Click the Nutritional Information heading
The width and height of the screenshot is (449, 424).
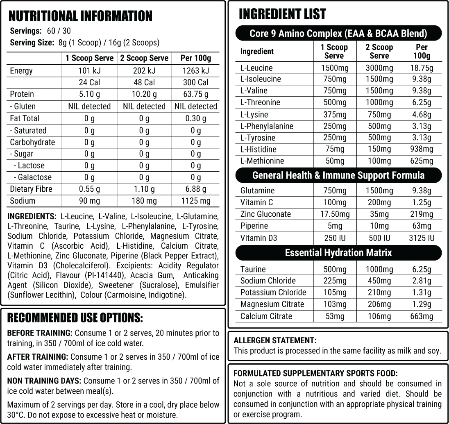(x=80, y=16)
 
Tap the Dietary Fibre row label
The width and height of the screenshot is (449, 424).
(x=31, y=189)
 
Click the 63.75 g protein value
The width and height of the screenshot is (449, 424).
(x=195, y=94)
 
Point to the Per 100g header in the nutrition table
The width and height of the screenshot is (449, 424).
(x=195, y=58)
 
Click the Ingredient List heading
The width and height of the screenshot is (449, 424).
(x=282, y=14)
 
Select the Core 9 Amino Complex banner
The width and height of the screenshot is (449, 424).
(x=338, y=33)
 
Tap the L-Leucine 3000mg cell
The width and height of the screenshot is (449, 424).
(x=379, y=68)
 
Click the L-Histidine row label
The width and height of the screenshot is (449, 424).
(x=258, y=149)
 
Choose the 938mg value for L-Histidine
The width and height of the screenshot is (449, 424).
(x=422, y=149)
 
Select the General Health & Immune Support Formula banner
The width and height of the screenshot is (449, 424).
(x=338, y=175)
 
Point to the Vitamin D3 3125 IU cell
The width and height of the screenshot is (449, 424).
(x=422, y=238)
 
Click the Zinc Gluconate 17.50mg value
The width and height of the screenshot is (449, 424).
(x=335, y=214)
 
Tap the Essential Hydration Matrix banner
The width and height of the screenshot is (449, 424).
(x=338, y=253)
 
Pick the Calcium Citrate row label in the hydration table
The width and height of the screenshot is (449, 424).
(x=266, y=316)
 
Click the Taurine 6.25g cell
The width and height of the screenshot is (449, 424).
(x=422, y=269)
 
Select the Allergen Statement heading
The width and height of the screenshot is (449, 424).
(x=274, y=340)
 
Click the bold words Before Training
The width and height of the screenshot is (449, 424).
(x=40, y=333)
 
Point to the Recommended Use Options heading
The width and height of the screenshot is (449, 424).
(x=75, y=318)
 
